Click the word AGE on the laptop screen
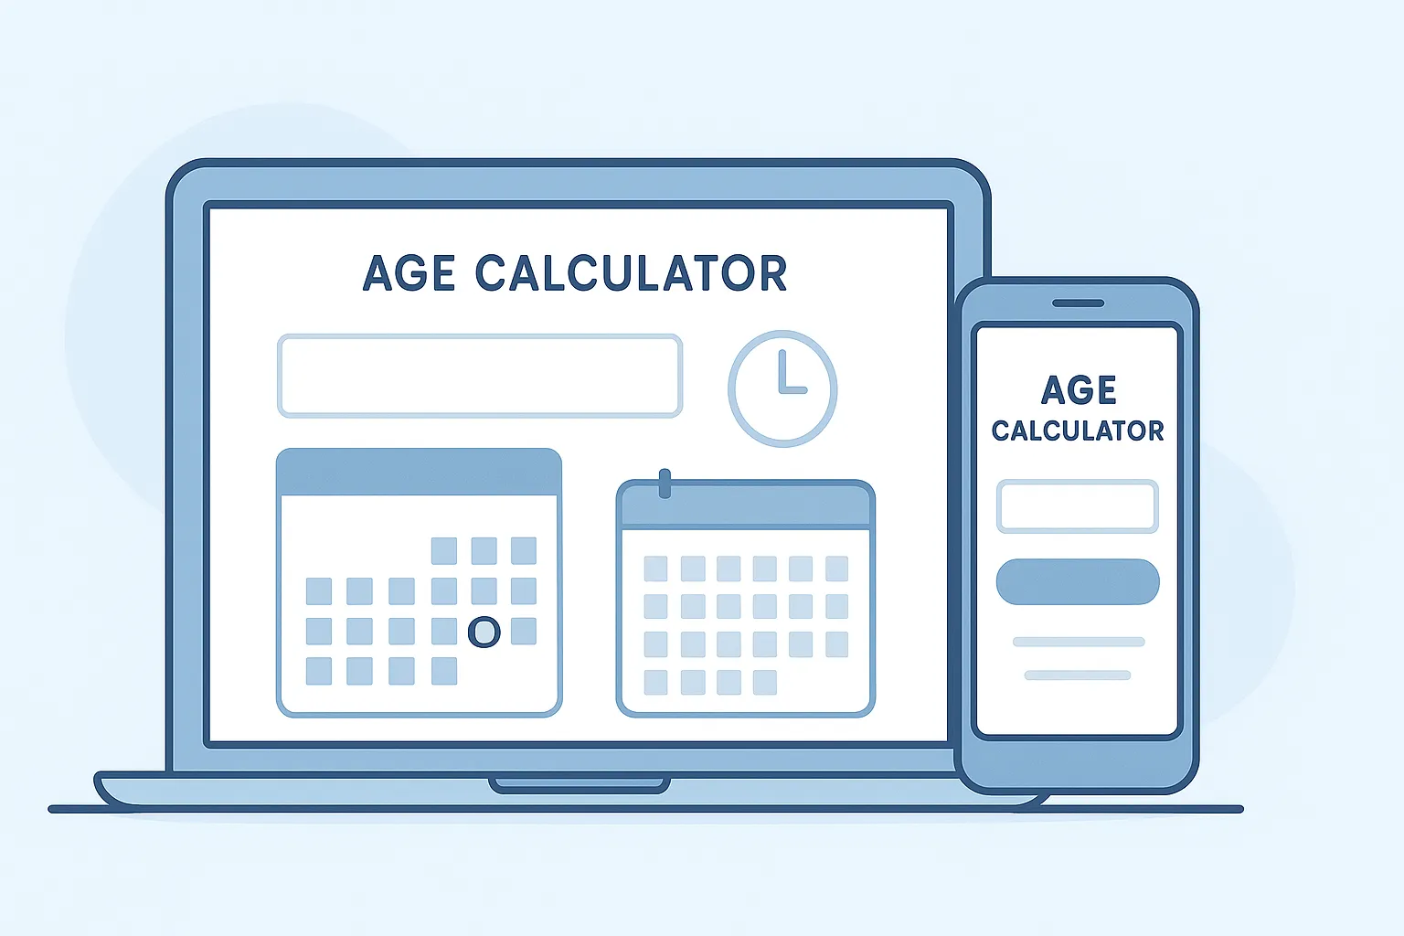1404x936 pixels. click(409, 273)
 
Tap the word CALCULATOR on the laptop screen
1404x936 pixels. click(631, 273)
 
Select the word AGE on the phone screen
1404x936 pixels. click(1079, 390)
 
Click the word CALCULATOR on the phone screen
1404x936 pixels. click(1078, 431)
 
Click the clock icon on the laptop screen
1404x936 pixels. click(782, 388)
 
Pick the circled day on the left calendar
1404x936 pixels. click(484, 631)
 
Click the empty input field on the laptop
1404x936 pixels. click(480, 376)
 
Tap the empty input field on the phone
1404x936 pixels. click(1078, 505)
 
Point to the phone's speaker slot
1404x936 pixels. click(1078, 303)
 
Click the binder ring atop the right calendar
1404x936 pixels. click(665, 484)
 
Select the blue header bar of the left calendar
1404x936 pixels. click(419, 472)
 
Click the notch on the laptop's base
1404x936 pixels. click(580, 784)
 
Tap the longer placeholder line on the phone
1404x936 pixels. click(1079, 642)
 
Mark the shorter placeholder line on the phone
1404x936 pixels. click(1078, 675)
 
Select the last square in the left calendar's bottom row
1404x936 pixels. click(444, 671)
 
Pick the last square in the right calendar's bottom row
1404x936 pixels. click(765, 682)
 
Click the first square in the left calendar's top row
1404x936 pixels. click(444, 550)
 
